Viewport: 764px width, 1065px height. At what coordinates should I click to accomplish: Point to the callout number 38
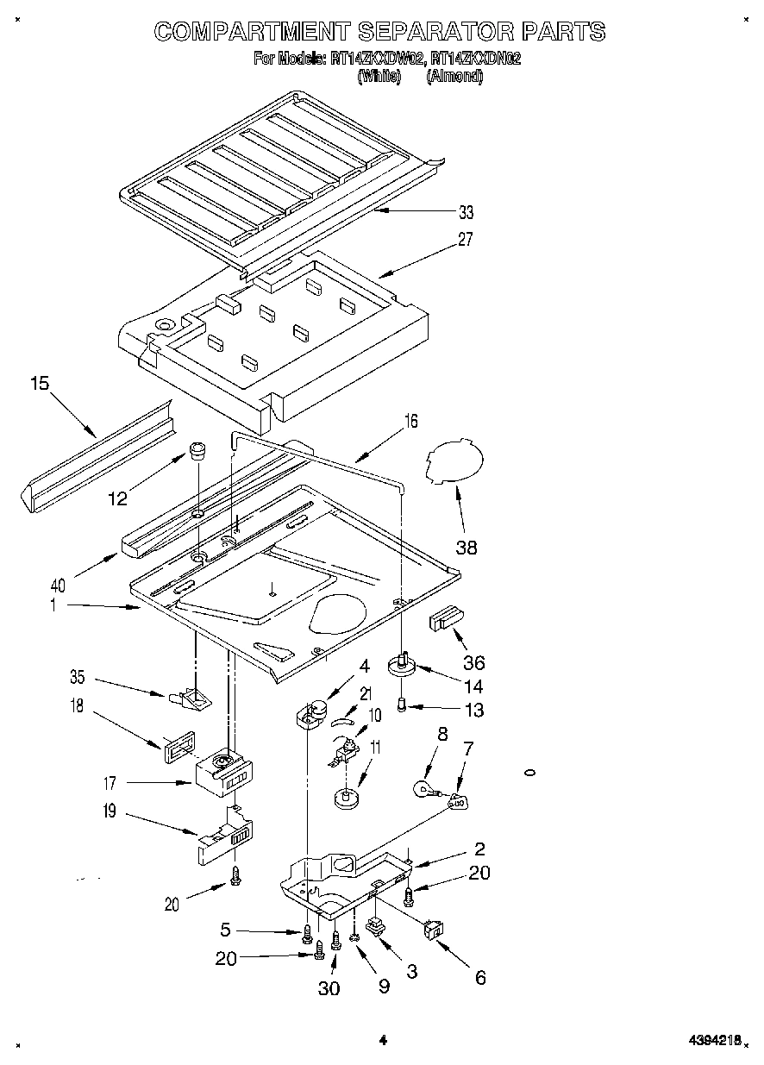466,547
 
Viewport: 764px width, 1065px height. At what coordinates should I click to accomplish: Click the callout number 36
473,662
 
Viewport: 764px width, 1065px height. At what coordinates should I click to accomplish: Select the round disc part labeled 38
454,460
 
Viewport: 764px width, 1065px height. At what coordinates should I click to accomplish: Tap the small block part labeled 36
446,619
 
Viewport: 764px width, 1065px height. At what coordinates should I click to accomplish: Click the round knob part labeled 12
198,452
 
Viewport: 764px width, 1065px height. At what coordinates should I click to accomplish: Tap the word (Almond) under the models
454,76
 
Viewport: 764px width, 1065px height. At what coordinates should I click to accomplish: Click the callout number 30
329,988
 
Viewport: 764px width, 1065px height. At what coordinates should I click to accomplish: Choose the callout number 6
480,977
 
